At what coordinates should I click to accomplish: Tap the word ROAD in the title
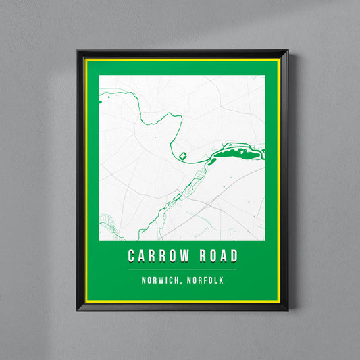tap(217, 257)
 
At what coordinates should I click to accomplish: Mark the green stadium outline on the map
tap(181, 157)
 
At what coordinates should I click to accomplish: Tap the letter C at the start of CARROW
tap(132, 257)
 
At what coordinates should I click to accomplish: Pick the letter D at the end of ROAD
tap(234, 257)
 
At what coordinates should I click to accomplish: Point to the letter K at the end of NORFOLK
tap(221, 280)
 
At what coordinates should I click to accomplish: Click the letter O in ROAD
tap(211, 257)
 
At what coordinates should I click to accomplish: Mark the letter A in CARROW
tap(142, 257)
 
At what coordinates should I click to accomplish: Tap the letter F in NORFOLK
tap(203, 280)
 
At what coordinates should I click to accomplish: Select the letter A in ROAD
tap(222, 257)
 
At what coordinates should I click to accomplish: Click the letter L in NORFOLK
tap(215, 280)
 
